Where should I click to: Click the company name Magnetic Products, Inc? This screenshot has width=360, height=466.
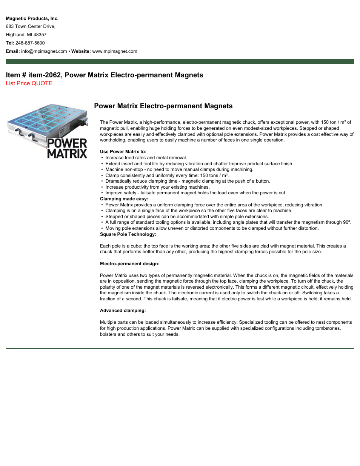click(32, 18)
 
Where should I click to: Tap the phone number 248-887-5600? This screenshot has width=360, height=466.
click(30, 43)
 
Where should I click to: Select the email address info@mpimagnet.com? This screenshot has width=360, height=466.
click(44, 51)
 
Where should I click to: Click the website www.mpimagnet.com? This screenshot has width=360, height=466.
click(115, 51)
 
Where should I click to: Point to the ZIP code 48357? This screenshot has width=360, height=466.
click(40, 35)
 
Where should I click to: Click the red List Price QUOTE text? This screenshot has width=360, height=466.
click(29, 83)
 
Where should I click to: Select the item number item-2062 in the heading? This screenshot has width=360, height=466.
click(45, 75)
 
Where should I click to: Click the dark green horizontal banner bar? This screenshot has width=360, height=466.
click(180, 62)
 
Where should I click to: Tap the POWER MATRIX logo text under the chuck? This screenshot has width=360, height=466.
click(67, 149)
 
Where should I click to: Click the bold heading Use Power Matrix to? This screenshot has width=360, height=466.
click(123, 152)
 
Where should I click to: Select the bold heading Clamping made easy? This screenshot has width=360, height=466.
click(124, 199)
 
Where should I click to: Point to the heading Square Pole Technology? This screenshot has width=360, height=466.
click(128, 234)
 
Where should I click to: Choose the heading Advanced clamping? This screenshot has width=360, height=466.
click(123, 311)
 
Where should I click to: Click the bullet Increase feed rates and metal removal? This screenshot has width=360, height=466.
click(146, 158)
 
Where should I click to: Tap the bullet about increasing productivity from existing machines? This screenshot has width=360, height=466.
click(157, 187)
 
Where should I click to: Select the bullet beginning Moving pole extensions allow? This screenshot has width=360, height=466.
click(212, 228)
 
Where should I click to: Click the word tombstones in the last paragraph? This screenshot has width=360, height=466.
click(328, 328)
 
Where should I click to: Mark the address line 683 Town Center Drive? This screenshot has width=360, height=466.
click(31, 26)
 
